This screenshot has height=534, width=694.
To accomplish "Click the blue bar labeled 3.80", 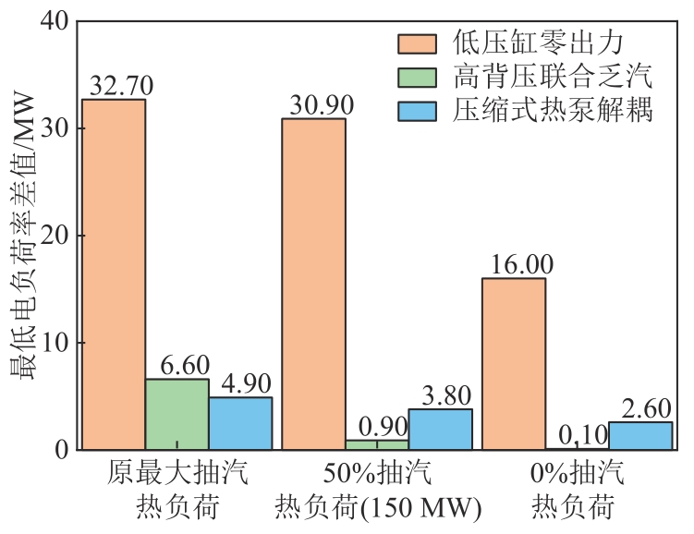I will [441, 429].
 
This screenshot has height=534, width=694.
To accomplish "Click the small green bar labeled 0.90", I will [377, 444].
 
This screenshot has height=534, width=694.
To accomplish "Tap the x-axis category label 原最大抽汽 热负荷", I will [177, 491].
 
